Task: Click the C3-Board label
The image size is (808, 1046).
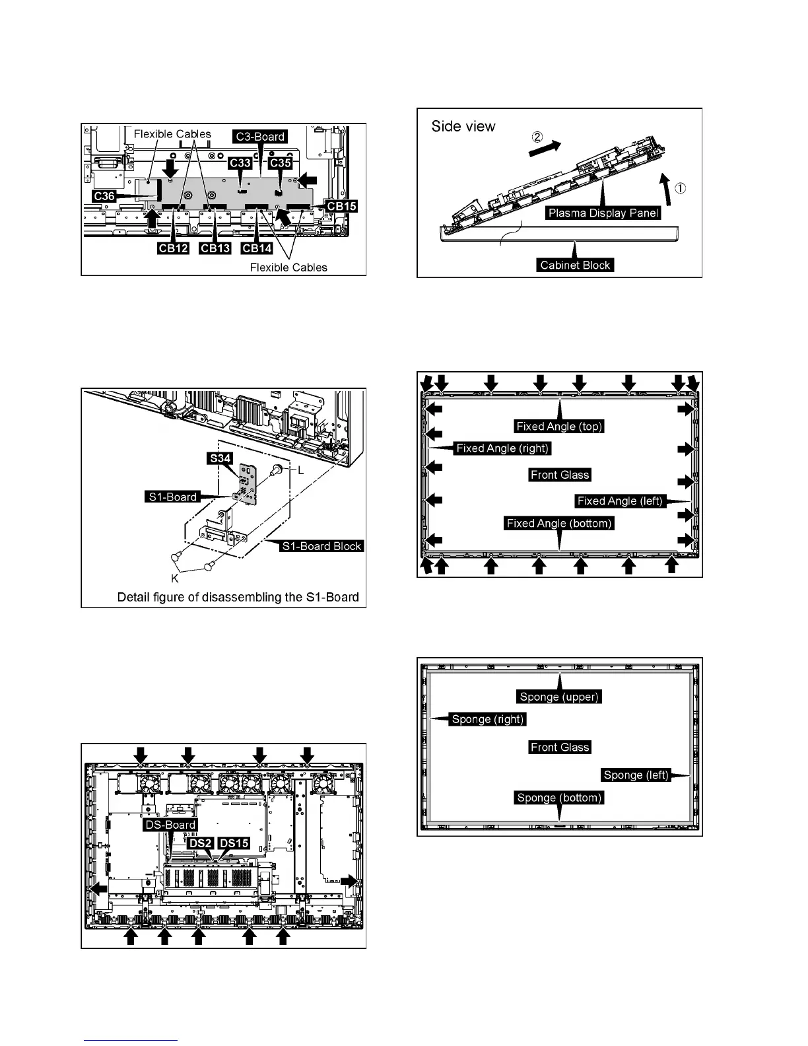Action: [x=261, y=137]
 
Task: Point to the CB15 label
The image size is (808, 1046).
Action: [x=341, y=206]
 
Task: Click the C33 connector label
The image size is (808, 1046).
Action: [x=240, y=162]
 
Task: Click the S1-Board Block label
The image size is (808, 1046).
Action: [x=321, y=546]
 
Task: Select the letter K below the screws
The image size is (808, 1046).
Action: [x=176, y=579]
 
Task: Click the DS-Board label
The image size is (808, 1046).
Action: [x=170, y=825]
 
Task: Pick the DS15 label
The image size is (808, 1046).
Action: [x=234, y=843]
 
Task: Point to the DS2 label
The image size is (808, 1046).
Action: [x=200, y=843]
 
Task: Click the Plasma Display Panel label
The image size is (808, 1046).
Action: [x=603, y=213]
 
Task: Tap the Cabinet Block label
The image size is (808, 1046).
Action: [x=575, y=265]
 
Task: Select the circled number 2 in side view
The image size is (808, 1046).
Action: [x=537, y=138]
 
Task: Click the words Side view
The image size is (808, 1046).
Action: [x=463, y=126]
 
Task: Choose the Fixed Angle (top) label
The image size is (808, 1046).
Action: [x=559, y=426]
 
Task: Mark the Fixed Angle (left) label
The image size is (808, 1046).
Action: [x=619, y=501]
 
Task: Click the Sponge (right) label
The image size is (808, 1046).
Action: [x=488, y=719]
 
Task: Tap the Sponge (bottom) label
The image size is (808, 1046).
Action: [x=559, y=798]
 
